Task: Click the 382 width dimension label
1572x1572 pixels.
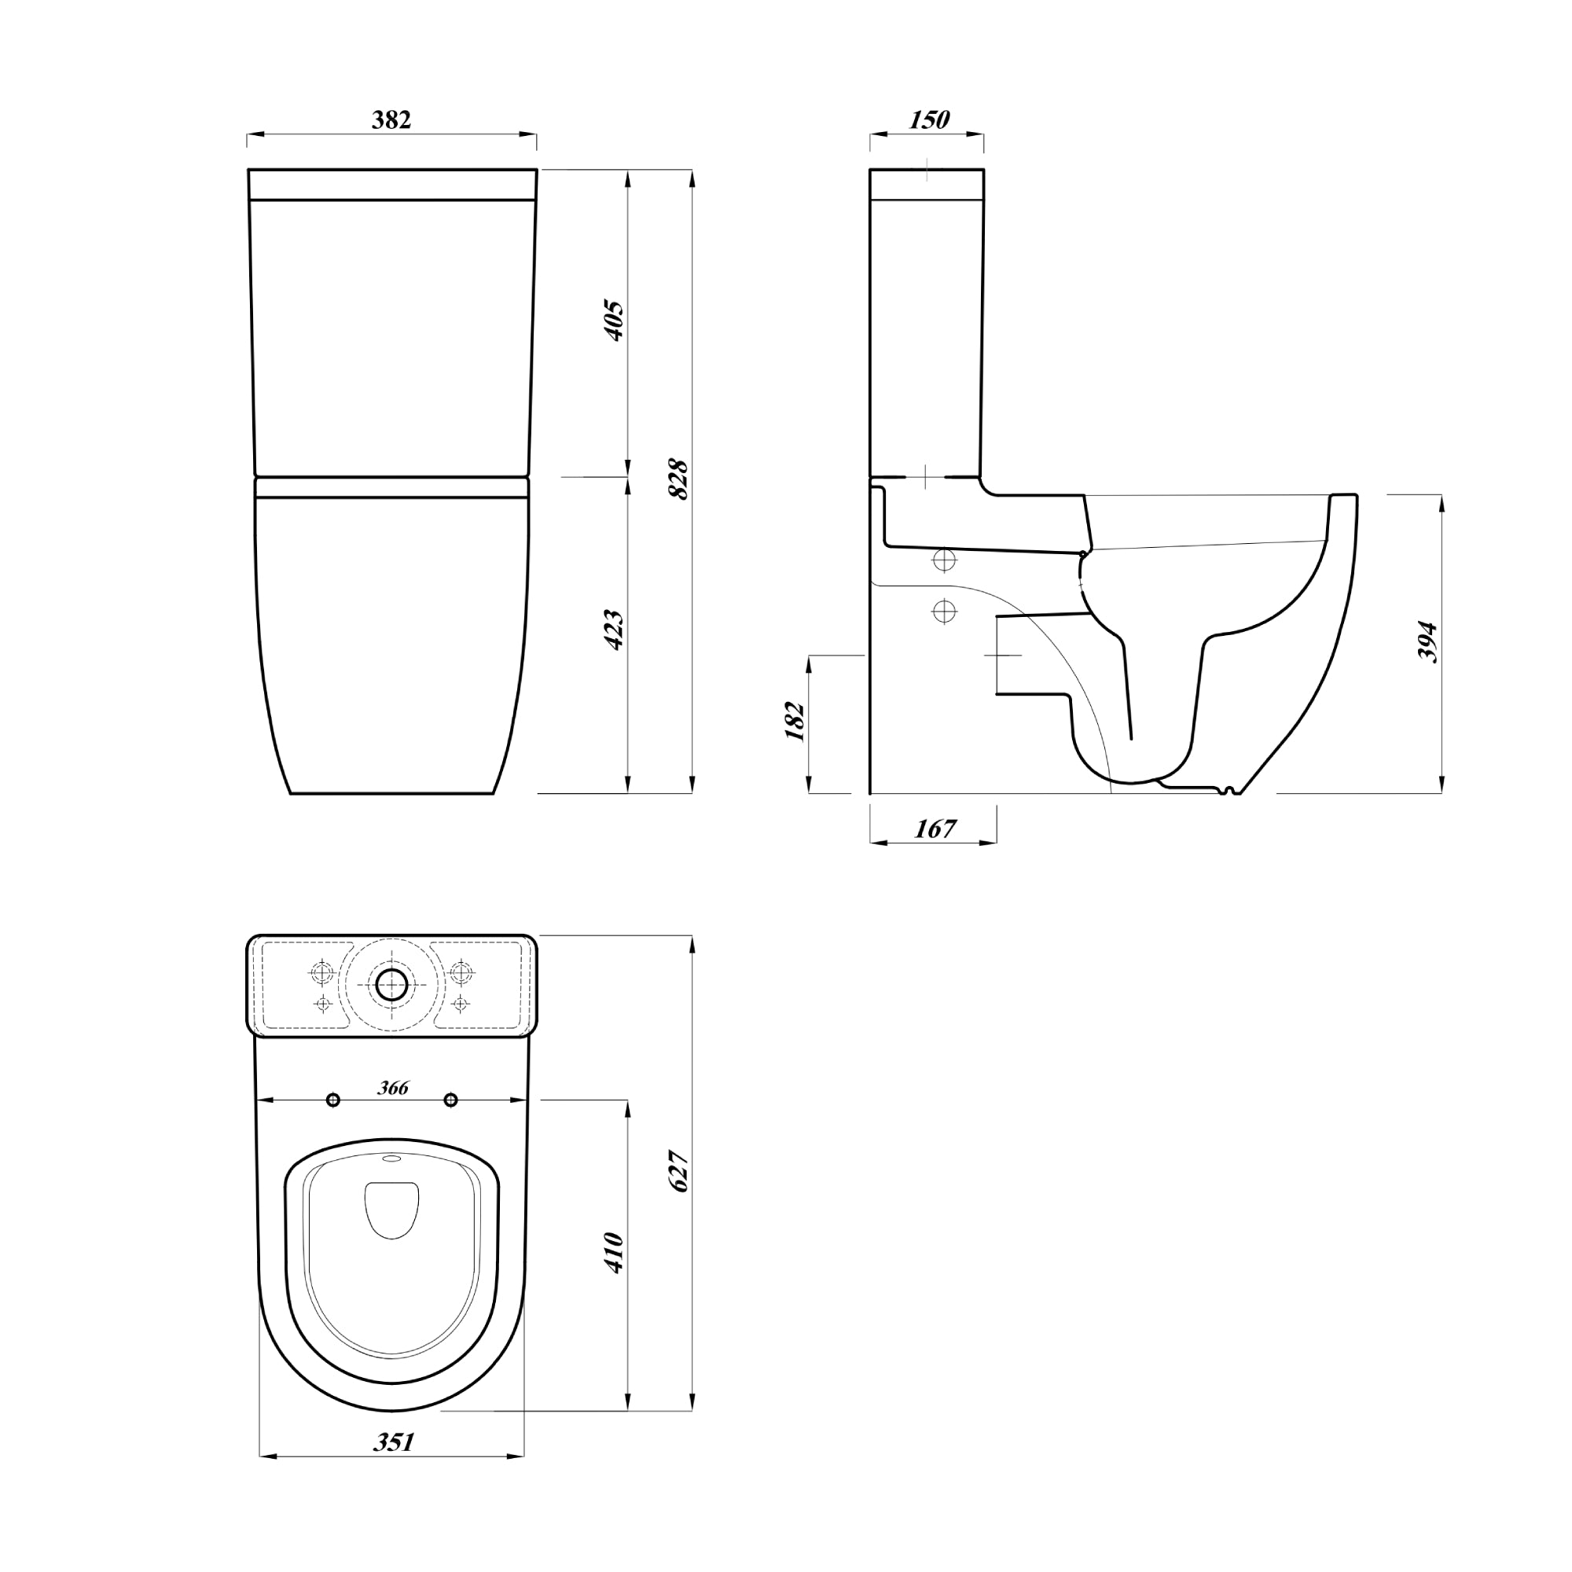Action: (x=391, y=119)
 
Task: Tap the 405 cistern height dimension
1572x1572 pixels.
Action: (x=615, y=321)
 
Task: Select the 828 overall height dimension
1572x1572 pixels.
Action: (x=678, y=480)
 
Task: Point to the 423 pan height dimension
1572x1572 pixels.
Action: (x=615, y=629)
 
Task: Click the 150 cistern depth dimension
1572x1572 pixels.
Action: (x=929, y=119)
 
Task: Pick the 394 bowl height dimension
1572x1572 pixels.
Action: (x=1428, y=643)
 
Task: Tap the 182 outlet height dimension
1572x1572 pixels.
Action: (x=795, y=721)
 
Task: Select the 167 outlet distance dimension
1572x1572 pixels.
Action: (x=935, y=829)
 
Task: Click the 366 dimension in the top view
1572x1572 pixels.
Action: (x=393, y=1088)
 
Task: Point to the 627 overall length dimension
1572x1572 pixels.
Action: (x=678, y=1172)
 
